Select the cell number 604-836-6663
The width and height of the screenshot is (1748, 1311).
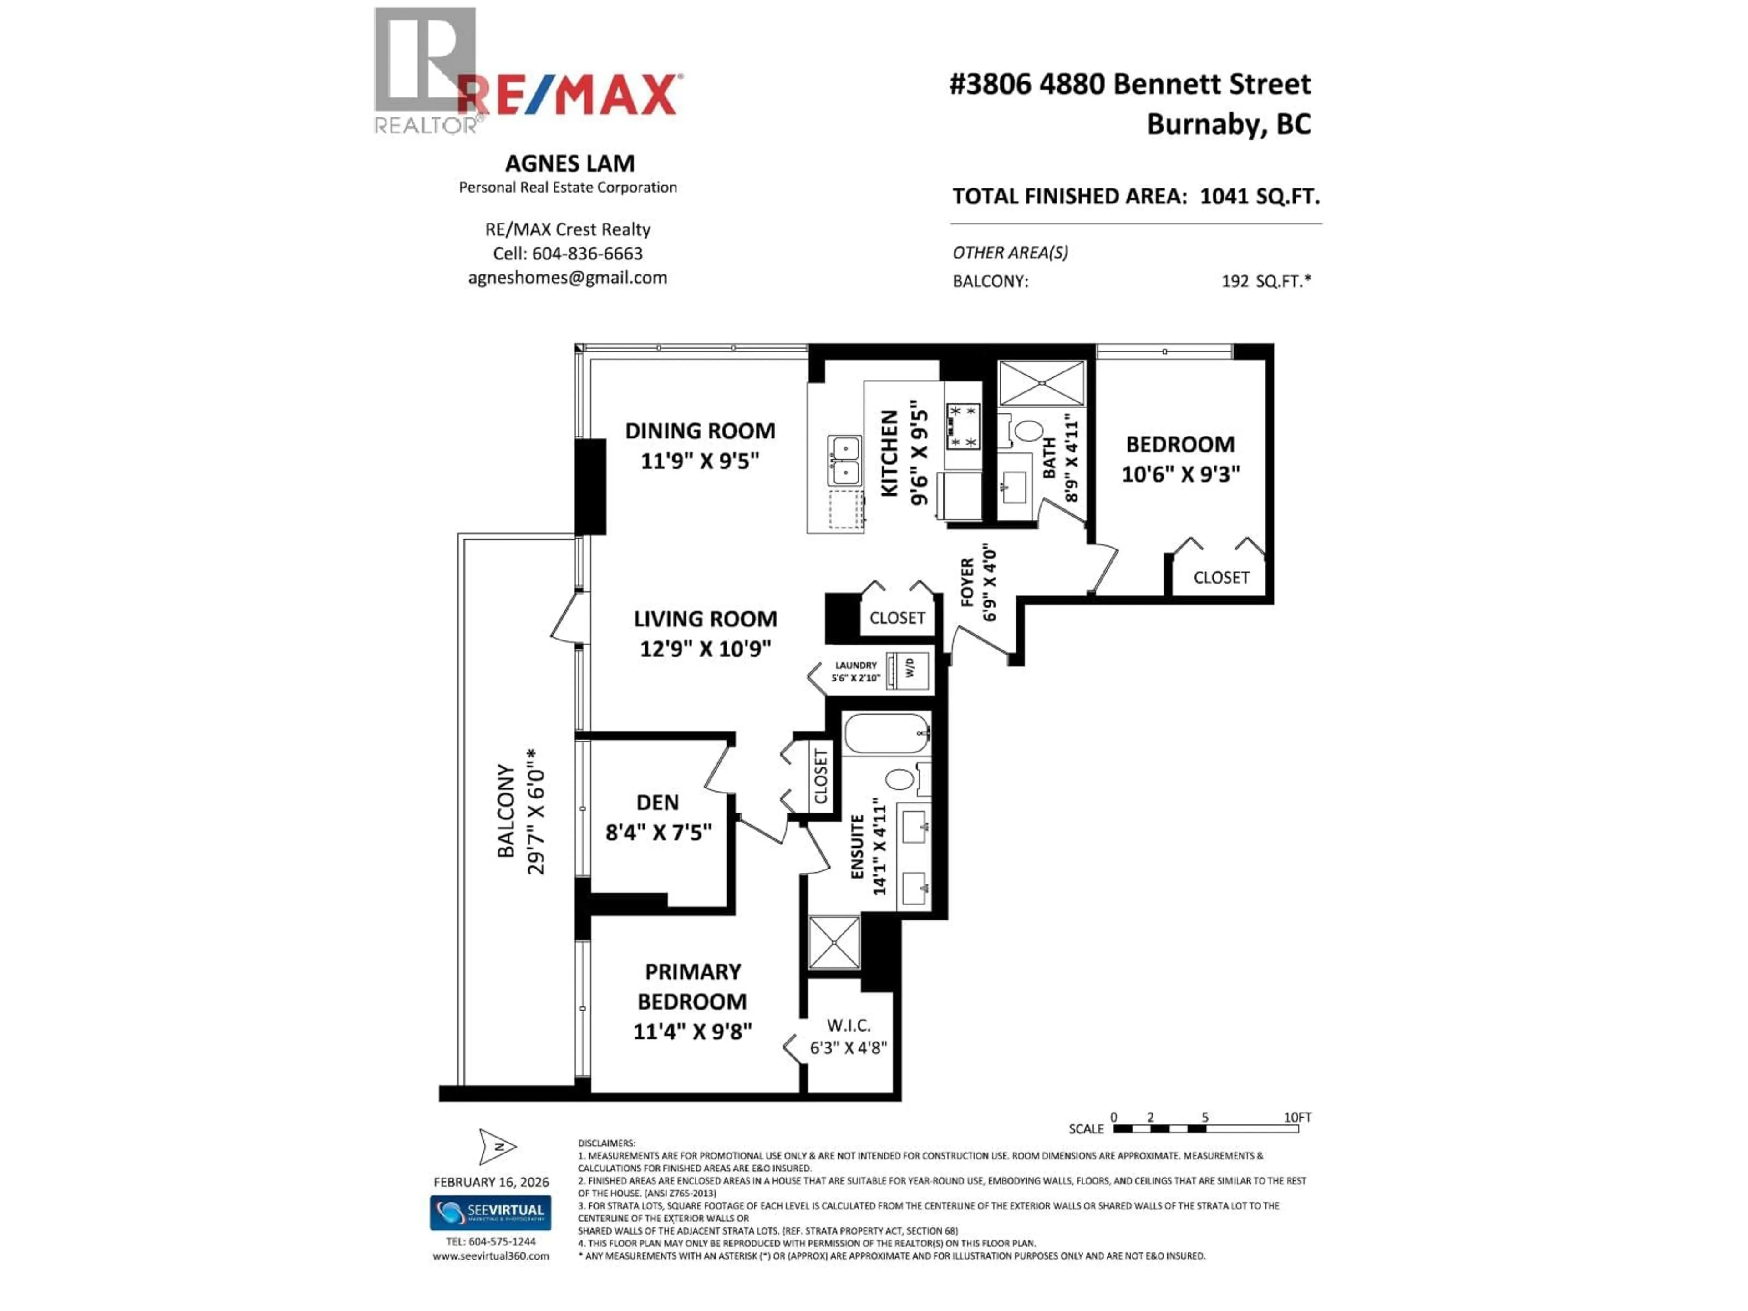pyautogui.click(x=587, y=254)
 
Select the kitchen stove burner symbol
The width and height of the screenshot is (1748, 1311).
pyautogui.click(x=962, y=427)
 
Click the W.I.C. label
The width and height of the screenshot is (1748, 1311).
pyautogui.click(x=849, y=1026)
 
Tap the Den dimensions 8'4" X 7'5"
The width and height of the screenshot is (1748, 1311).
pyautogui.click(x=658, y=833)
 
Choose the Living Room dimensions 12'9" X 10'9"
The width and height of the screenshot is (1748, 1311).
pyautogui.click(x=705, y=649)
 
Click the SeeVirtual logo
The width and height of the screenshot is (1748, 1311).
pyautogui.click(x=490, y=1212)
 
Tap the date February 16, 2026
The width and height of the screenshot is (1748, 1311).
pyautogui.click(x=491, y=1182)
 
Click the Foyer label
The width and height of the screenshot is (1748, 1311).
pyautogui.click(x=967, y=582)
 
